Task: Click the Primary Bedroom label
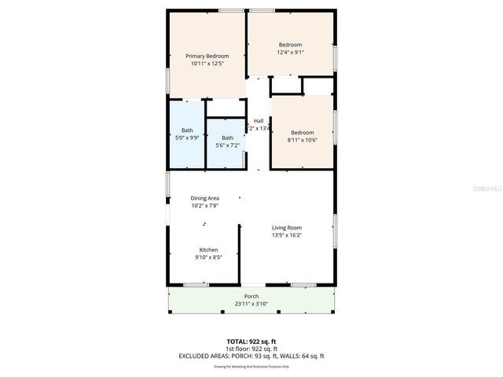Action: tap(207, 57)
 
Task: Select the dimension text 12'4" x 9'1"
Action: tap(290, 53)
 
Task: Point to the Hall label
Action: tap(258, 120)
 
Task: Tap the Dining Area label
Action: tap(204, 198)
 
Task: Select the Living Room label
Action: tap(286, 228)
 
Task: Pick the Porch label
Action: tap(251, 296)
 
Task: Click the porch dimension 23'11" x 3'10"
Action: tap(251, 304)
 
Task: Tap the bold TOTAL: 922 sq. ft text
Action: tap(251, 342)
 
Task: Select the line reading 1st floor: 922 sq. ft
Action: tap(251, 349)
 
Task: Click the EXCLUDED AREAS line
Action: tap(251, 356)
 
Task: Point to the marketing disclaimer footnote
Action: tap(251, 367)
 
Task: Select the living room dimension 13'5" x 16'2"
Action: tap(286, 235)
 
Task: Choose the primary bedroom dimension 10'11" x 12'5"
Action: tap(207, 64)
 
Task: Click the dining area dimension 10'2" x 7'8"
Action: tap(204, 206)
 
